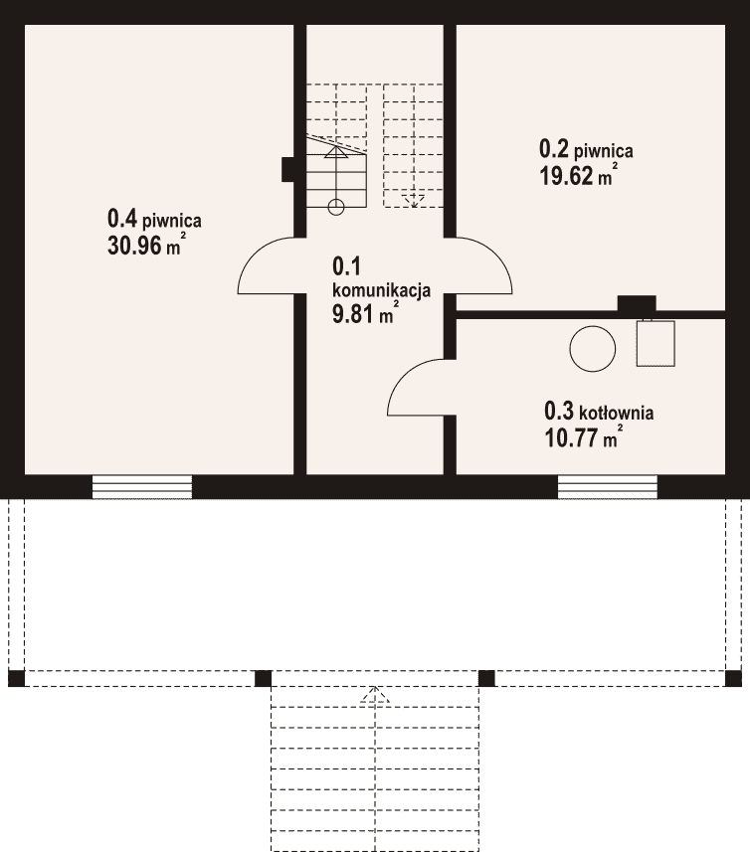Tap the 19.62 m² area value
click(x=578, y=175)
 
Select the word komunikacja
click(x=382, y=290)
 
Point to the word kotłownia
click(x=617, y=414)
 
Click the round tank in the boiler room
click(x=593, y=349)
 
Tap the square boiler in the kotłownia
click(x=656, y=343)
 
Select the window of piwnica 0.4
click(x=142, y=487)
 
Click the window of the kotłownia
click(x=608, y=487)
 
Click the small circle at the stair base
click(x=336, y=207)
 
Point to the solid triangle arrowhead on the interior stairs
click(x=336, y=153)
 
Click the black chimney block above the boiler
click(x=637, y=304)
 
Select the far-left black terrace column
click(x=16, y=678)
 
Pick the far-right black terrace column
click(x=733, y=678)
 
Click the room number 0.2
click(x=554, y=148)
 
